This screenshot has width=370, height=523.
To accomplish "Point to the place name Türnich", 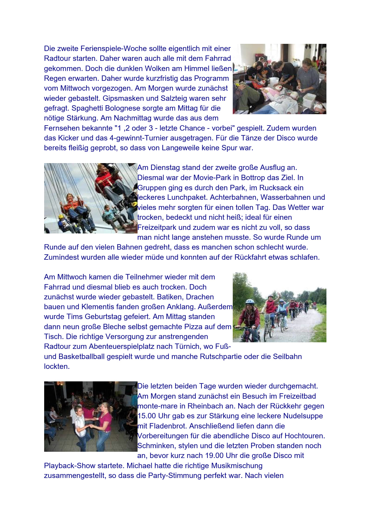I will point(213,346).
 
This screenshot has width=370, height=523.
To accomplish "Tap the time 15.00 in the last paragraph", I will point(146,416).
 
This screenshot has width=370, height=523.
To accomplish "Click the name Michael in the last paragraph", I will point(140,466).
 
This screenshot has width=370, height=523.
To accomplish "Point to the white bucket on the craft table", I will point(274,81).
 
